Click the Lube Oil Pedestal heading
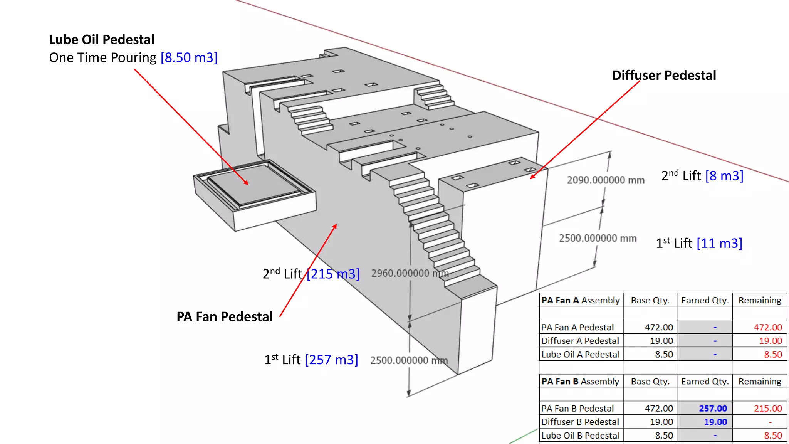click(x=102, y=40)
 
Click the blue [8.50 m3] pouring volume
click(x=189, y=58)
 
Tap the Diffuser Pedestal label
click(x=664, y=75)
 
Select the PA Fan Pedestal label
click(x=225, y=316)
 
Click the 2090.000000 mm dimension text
click(x=606, y=180)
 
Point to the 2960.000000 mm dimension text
click(x=410, y=273)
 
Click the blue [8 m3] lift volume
click(x=724, y=176)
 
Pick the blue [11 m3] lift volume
click(x=719, y=243)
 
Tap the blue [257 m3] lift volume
click(x=331, y=360)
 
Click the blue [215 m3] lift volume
click(x=333, y=274)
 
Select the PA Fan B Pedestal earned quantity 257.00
click(x=713, y=409)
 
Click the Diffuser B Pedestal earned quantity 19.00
click(x=715, y=422)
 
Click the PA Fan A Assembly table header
click(x=581, y=300)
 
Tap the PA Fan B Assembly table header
click(x=580, y=381)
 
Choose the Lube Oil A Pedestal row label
click(x=581, y=355)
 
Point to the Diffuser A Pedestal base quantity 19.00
click(x=661, y=341)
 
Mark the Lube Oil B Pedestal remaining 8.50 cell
click(x=773, y=436)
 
